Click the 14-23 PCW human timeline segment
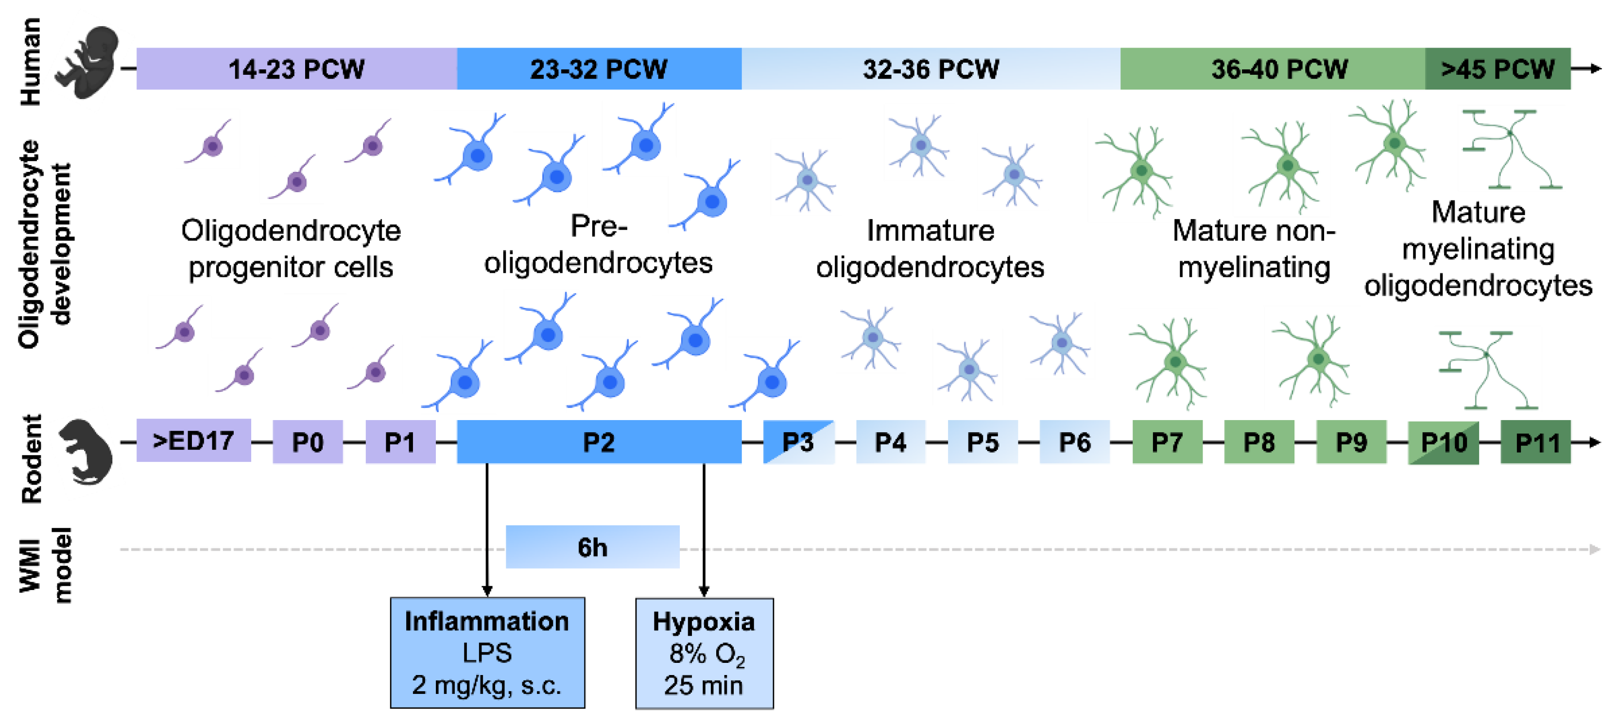pyautogui.click(x=296, y=68)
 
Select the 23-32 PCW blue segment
pyautogui.click(x=598, y=68)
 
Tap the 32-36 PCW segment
pyautogui.click(x=930, y=68)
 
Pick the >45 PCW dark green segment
pyautogui.click(x=1497, y=68)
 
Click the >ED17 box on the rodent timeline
pyautogui.click(x=193, y=441)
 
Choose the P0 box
pyautogui.click(x=308, y=442)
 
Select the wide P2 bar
pyautogui.click(x=598, y=442)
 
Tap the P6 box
pyautogui.click(x=1074, y=442)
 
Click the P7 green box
pyautogui.click(x=1167, y=442)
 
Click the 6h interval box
pyautogui.click(x=592, y=547)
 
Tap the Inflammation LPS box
pyautogui.click(x=487, y=653)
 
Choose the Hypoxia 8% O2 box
pyautogui.click(x=704, y=653)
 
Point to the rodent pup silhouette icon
pyautogui.click(x=86, y=451)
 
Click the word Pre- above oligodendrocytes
pyautogui.click(x=598, y=226)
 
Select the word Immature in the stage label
pyautogui.click(x=930, y=231)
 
